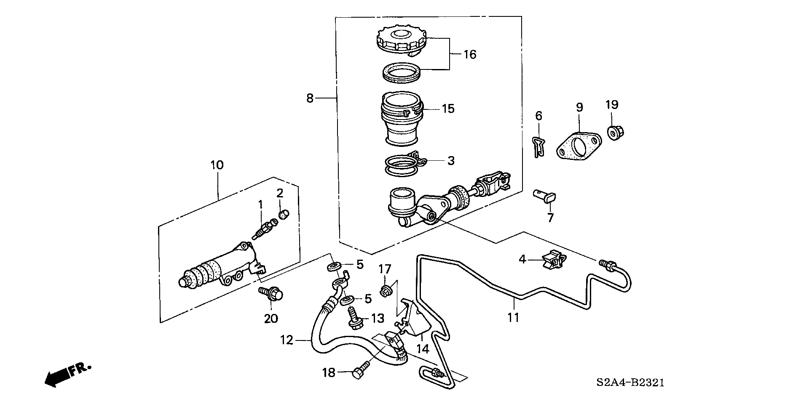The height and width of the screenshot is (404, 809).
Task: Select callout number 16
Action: coord(470,54)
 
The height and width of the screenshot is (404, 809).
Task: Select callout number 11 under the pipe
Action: coord(513,317)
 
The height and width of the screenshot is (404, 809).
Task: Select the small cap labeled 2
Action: coord(284,215)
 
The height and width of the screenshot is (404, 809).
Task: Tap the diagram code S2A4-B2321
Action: coord(630,383)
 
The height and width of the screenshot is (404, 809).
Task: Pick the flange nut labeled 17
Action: coord(385,290)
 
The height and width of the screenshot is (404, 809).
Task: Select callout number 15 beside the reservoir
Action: coord(448,109)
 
